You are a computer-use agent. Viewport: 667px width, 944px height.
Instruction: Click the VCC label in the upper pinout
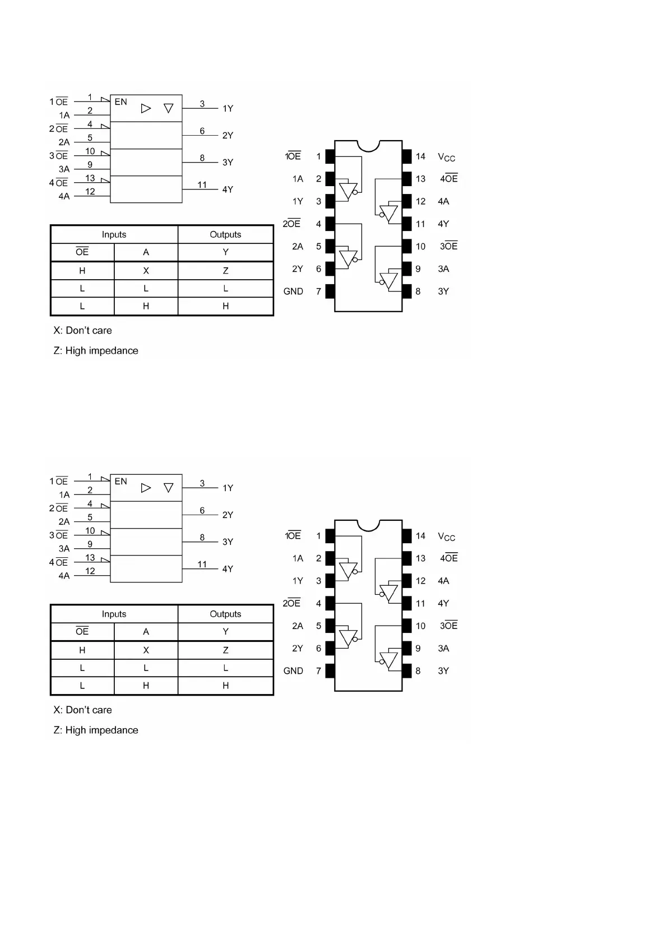446,158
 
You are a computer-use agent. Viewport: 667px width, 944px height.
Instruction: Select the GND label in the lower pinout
293,671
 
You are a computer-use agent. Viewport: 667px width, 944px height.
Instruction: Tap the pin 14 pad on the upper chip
407,156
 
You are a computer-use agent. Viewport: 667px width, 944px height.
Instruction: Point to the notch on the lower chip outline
368,525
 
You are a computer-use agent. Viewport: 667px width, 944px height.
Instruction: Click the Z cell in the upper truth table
225,271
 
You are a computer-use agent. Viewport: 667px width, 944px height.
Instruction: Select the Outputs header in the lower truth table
225,614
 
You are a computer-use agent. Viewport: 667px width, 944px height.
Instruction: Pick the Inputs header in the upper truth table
114,234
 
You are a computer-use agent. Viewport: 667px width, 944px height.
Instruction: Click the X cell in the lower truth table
146,650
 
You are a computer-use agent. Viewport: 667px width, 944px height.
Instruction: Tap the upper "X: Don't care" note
82,331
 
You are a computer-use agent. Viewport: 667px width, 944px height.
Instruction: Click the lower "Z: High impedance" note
96,730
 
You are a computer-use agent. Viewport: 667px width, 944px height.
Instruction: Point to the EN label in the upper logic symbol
121,102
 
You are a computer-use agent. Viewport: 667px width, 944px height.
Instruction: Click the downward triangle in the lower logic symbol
168,488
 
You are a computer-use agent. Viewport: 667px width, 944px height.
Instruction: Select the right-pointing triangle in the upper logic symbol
146,108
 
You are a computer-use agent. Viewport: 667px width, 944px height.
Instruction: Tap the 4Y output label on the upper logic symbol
228,189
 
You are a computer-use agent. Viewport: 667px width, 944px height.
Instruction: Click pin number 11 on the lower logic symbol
202,564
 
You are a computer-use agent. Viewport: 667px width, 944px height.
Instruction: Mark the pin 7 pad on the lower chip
330,671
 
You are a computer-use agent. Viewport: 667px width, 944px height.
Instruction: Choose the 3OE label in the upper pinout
448,246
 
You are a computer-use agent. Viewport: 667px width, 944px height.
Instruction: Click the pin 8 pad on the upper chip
407,291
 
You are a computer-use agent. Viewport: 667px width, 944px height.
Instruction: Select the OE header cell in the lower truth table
82,632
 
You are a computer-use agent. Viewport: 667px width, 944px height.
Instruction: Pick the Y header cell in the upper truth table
225,252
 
